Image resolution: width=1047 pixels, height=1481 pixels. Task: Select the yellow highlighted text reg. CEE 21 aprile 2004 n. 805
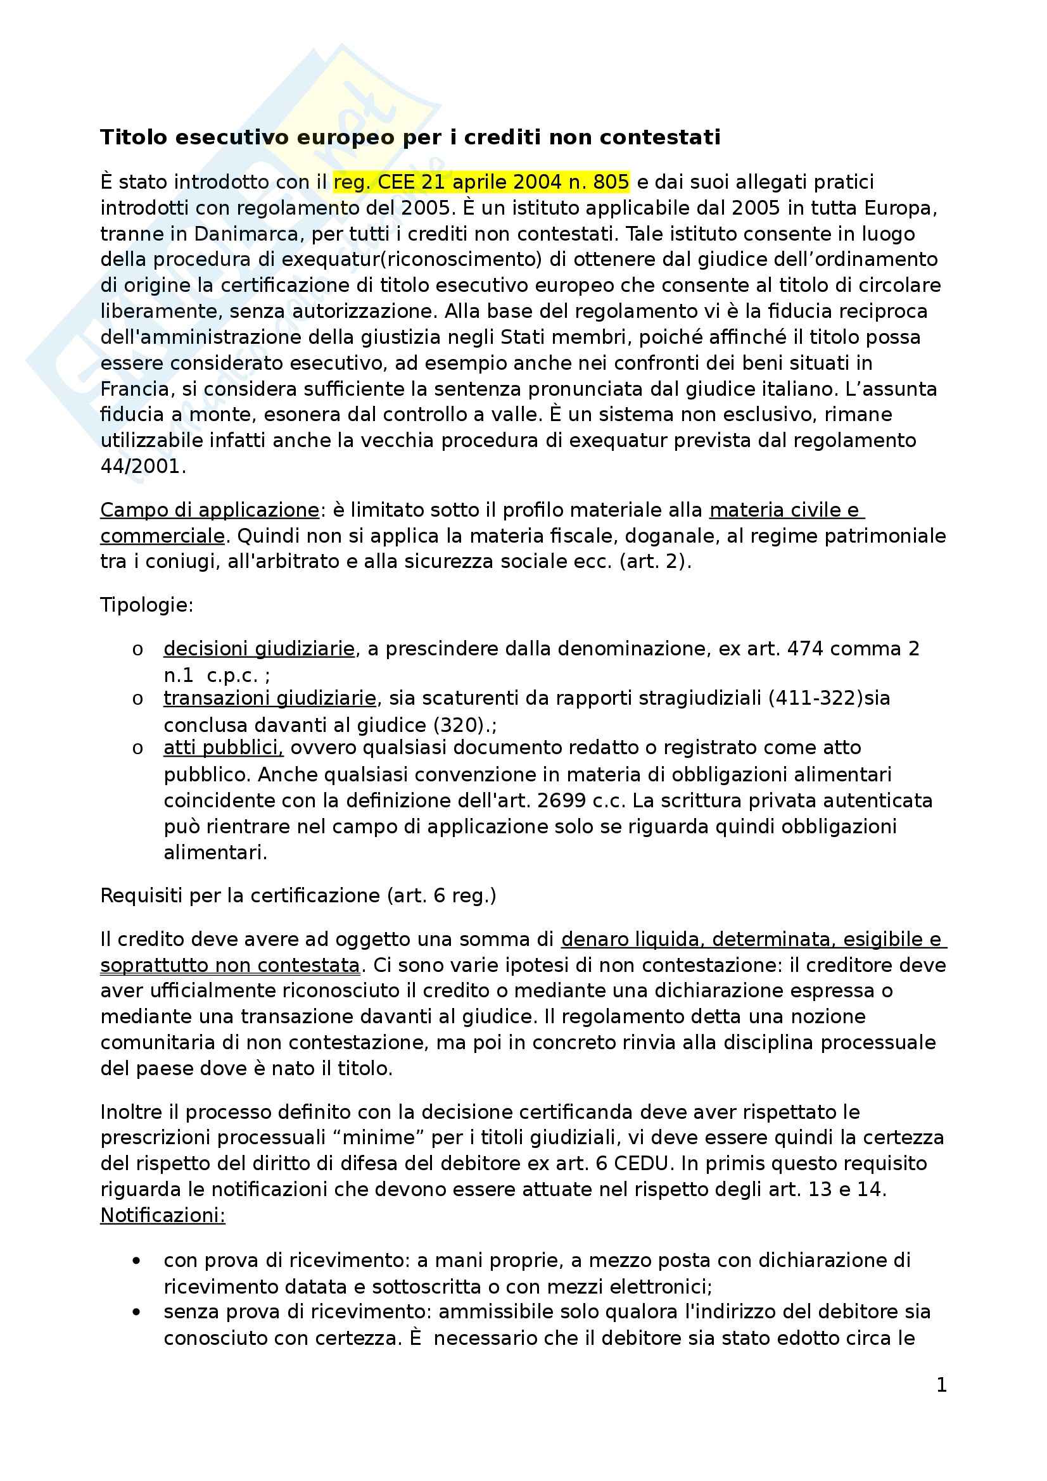click(x=481, y=182)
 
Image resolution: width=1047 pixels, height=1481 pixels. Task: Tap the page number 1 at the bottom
click(x=941, y=1384)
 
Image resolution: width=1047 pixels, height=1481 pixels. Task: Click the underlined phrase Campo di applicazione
click(x=210, y=510)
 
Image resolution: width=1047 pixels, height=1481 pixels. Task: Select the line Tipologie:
click(x=147, y=605)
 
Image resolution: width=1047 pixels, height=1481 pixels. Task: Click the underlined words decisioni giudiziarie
click(x=258, y=649)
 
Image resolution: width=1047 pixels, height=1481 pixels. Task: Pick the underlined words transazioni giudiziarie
click(x=270, y=698)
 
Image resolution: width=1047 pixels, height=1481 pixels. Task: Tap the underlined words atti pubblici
click(x=223, y=748)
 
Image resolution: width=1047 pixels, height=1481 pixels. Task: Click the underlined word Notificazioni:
click(x=163, y=1216)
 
